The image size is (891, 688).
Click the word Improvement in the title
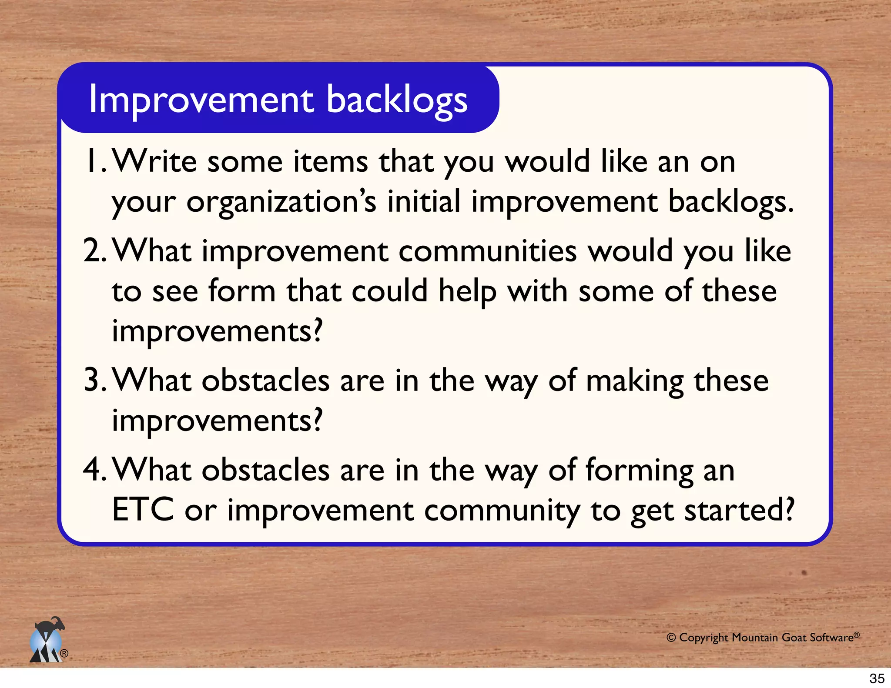tap(201, 100)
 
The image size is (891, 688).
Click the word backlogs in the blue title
tap(397, 101)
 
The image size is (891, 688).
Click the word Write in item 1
tap(155, 161)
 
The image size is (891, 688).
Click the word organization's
tap(281, 203)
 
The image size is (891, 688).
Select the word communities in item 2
tap(487, 252)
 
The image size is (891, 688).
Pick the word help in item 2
tap(467, 292)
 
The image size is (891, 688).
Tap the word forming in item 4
tap(640, 471)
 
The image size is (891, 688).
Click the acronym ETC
tap(143, 510)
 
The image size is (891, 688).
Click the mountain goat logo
tap(47, 640)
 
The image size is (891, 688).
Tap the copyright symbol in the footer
tap(671, 638)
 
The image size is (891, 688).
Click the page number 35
tap(877, 678)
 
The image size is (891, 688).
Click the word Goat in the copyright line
tap(794, 638)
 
